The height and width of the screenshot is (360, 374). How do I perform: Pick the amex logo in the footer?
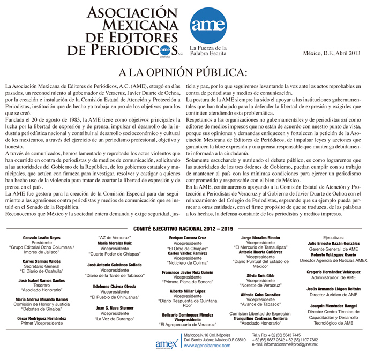coord(164,342)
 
